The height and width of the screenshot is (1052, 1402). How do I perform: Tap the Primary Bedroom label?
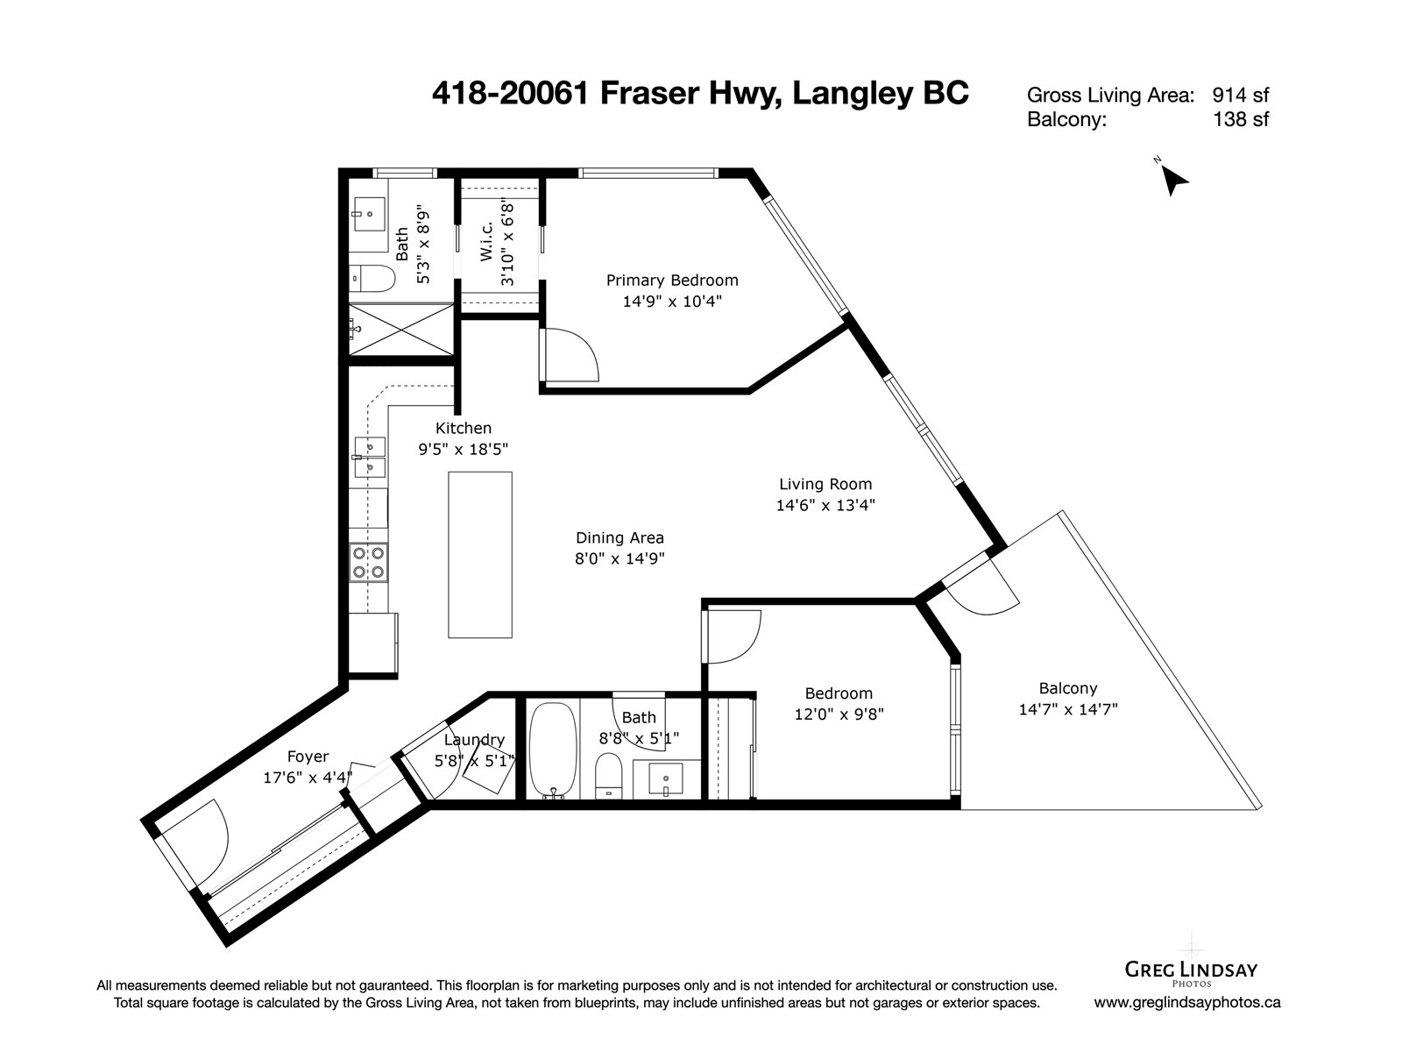(672, 281)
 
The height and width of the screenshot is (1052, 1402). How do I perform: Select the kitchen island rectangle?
(479, 554)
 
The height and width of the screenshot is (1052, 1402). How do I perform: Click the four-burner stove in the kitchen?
(369, 562)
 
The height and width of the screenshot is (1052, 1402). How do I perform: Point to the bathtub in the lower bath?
(553, 750)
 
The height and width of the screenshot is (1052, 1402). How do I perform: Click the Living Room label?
(825, 484)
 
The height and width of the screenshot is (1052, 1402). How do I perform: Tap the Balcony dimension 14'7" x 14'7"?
(1068, 709)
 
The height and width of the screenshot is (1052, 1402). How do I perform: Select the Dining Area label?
(620, 537)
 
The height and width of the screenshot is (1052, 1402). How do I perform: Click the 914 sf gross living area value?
(1241, 96)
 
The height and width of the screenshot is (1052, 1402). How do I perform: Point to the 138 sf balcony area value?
(1241, 119)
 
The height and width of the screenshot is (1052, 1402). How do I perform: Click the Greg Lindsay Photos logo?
(1191, 970)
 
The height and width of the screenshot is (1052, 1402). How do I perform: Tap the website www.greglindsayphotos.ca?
(1187, 1002)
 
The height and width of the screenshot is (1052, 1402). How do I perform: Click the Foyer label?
(308, 757)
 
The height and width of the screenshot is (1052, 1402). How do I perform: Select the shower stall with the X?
(401, 329)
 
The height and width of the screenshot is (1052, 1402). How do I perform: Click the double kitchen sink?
(370, 458)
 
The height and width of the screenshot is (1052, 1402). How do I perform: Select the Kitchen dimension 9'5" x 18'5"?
(463, 450)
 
